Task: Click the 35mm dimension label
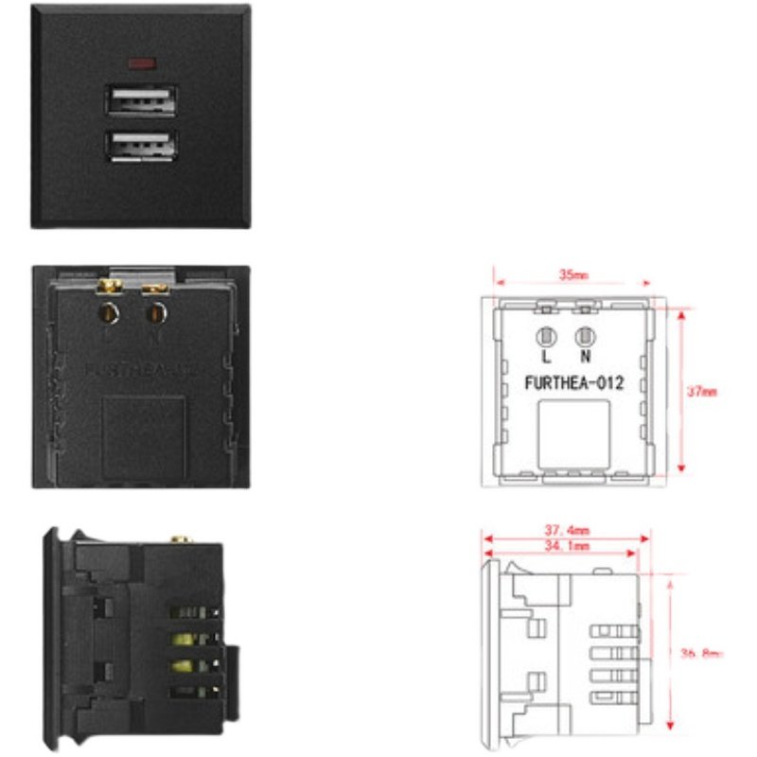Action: point(572,274)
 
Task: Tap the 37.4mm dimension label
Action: point(566,531)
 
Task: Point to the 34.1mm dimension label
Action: point(566,546)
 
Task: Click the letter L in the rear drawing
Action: point(546,358)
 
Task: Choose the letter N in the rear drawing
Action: point(585,358)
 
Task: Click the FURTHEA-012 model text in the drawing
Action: point(573,383)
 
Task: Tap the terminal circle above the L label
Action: point(546,336)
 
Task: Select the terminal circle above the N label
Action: point(585,336)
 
